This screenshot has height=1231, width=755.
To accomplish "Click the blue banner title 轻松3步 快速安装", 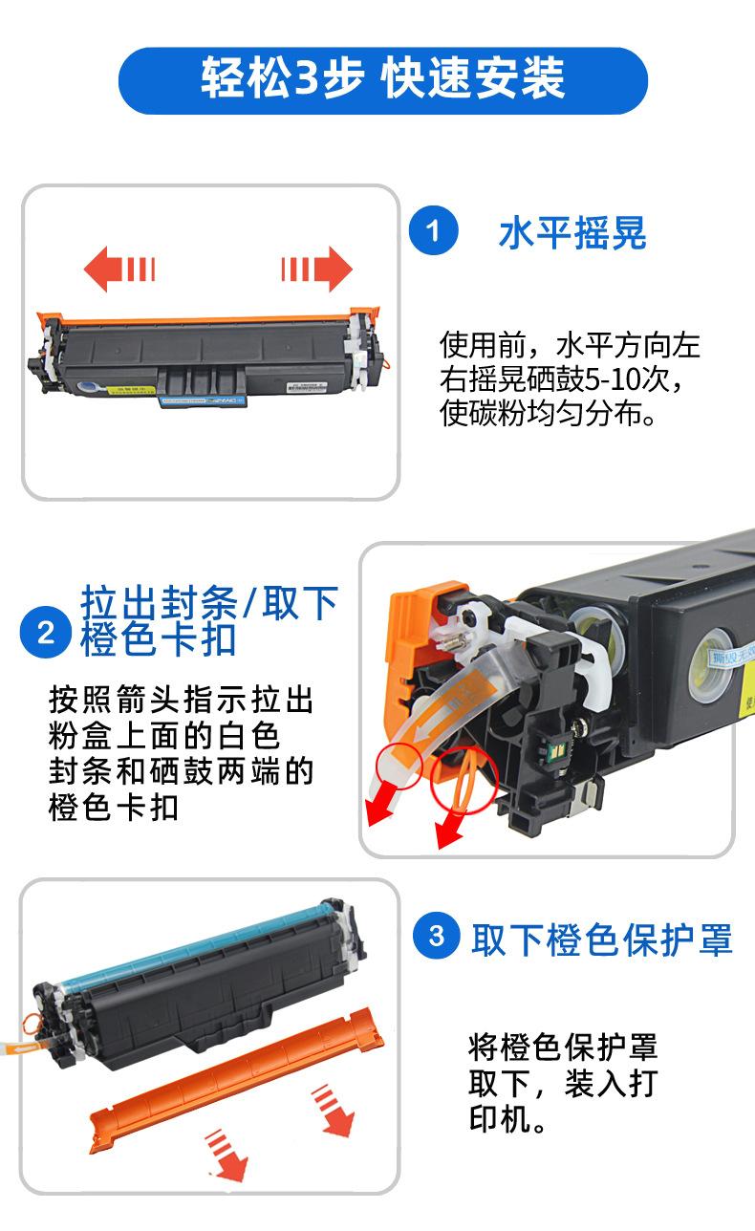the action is point(382,78).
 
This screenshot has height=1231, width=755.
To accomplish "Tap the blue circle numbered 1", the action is point(433,230).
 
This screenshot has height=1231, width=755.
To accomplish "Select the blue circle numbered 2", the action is point(46,632).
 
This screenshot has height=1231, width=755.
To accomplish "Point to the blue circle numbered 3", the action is point(437,935).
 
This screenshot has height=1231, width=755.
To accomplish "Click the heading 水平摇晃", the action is point(572,233).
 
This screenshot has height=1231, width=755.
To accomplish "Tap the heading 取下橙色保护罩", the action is point(602,939).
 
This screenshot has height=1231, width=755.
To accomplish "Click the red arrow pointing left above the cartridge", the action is point(119,269).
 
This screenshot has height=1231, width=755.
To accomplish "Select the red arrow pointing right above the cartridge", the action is point(316,269).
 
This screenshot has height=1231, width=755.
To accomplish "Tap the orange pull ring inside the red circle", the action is point(464,780).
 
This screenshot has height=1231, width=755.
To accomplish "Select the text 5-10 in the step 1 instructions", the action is point(606,379).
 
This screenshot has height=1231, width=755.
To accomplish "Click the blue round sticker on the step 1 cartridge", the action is point(87,386).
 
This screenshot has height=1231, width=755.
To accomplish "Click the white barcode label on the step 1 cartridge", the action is point(307,387).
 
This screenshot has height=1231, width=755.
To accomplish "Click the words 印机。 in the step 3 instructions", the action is point(508,1119).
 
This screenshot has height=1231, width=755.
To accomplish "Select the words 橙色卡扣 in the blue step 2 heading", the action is point(159,639).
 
